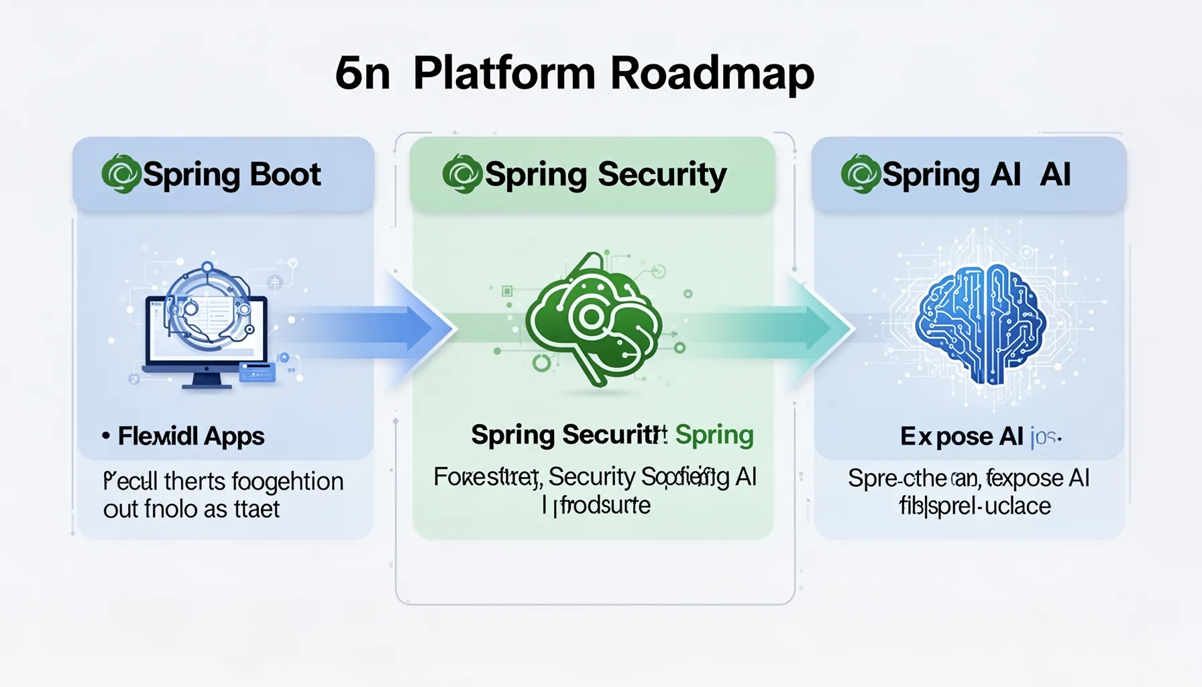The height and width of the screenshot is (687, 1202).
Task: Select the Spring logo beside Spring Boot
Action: click(121, 174)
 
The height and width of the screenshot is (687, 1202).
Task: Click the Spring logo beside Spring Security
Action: click(462, 174)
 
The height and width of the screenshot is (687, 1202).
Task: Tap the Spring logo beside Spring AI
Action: click(860, 174)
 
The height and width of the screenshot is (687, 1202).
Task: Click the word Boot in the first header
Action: click(286, 174)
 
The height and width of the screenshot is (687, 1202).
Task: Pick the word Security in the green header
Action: click(661, 174)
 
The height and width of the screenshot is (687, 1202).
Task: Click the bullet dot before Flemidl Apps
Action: click(106, 435)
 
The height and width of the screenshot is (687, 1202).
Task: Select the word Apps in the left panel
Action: click(234, 436)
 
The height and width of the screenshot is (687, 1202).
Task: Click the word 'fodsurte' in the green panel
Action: click(604, 505)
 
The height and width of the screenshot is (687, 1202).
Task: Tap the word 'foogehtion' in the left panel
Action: click(289, 482)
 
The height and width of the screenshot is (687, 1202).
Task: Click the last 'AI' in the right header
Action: click(1055, 174)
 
